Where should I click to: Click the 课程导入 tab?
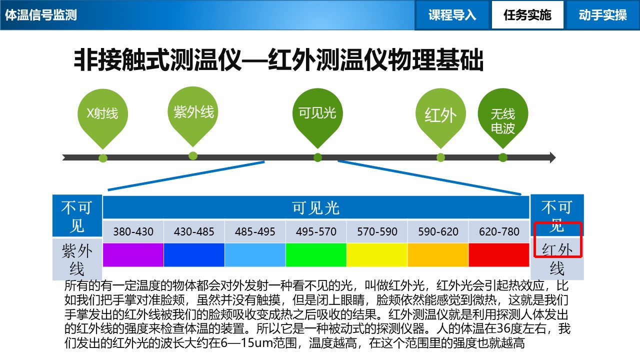tap(452, 15)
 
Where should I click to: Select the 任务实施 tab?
tap(527, 15)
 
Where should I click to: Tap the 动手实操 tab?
tap(602, 15)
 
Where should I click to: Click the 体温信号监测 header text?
tap(41, 15)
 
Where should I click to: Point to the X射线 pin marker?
tap(102, 114)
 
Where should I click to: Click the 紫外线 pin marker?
tap(193, 112)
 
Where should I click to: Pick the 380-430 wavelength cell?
tap(133, 231)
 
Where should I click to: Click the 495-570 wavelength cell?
tap(316, 231)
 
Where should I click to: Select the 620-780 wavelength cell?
tap(499, 231)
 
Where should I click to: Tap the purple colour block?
tap(133, 255)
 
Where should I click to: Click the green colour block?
tap(316, 255)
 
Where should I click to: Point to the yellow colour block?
tap(377, 255)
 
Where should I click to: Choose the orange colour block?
tap(438, 255)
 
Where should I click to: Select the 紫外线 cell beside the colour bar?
tap(77, 259)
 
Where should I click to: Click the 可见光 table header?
tap(316, 207)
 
